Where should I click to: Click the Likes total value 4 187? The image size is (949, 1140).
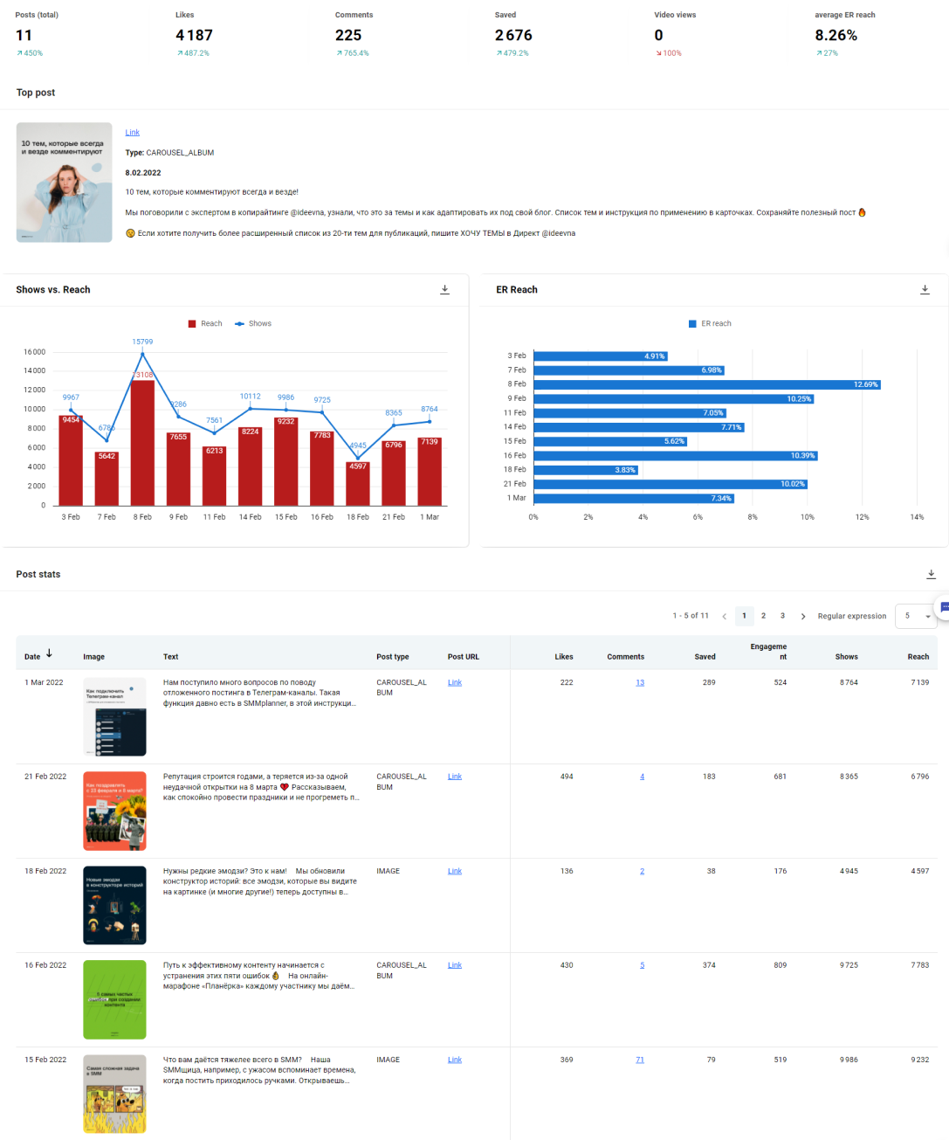coord(194,36)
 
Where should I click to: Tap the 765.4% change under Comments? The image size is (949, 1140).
coord(353,53)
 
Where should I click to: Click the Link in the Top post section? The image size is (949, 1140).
coord(132,133)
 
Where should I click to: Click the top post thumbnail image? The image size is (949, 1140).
coord(65,182)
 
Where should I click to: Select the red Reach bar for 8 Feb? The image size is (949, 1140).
coord(142,446)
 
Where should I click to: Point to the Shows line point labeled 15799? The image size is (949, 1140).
coord(142,353)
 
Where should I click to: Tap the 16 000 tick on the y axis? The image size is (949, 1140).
coord(34,352)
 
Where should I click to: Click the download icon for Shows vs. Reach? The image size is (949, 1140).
coord(444,290)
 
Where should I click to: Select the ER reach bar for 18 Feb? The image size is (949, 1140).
coord(585,470)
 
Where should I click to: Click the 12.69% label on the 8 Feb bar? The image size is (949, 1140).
coord(865,384)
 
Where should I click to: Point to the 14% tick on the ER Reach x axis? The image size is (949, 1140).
coord(917,517)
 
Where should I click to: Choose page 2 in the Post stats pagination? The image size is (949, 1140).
coord(763,616)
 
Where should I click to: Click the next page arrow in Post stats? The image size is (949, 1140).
coord(803,617)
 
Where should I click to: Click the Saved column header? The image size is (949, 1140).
coord(705,657)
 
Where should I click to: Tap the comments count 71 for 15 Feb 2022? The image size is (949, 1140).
coord(640,1060)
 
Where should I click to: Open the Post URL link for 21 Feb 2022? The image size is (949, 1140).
coord(455,777)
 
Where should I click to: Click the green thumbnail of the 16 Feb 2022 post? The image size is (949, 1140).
coord(114,999)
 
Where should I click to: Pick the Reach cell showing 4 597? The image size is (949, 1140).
coord(919,871)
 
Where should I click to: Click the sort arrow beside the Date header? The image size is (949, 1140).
coord(49,653)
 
